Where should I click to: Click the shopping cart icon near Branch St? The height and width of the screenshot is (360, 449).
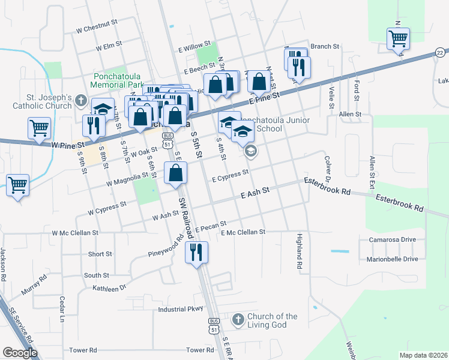tap(398, 39)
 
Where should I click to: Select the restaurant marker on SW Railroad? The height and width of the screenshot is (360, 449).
tap(196, 253)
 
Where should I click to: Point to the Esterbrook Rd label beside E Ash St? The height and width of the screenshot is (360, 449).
tap(327, 185)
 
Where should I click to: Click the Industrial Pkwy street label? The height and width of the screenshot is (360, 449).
tap(181, 310)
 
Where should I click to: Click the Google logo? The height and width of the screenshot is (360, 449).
tap(20, 353)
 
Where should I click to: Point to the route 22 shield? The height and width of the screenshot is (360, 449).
tap(441, 54)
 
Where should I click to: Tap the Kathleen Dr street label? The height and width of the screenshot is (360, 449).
tap(109, 288)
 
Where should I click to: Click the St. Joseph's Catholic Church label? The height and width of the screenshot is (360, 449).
tap(49, 102)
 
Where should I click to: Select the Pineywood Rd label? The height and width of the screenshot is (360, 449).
tap(167, 248)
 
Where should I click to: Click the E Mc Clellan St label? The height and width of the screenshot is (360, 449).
tap(243, 232)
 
